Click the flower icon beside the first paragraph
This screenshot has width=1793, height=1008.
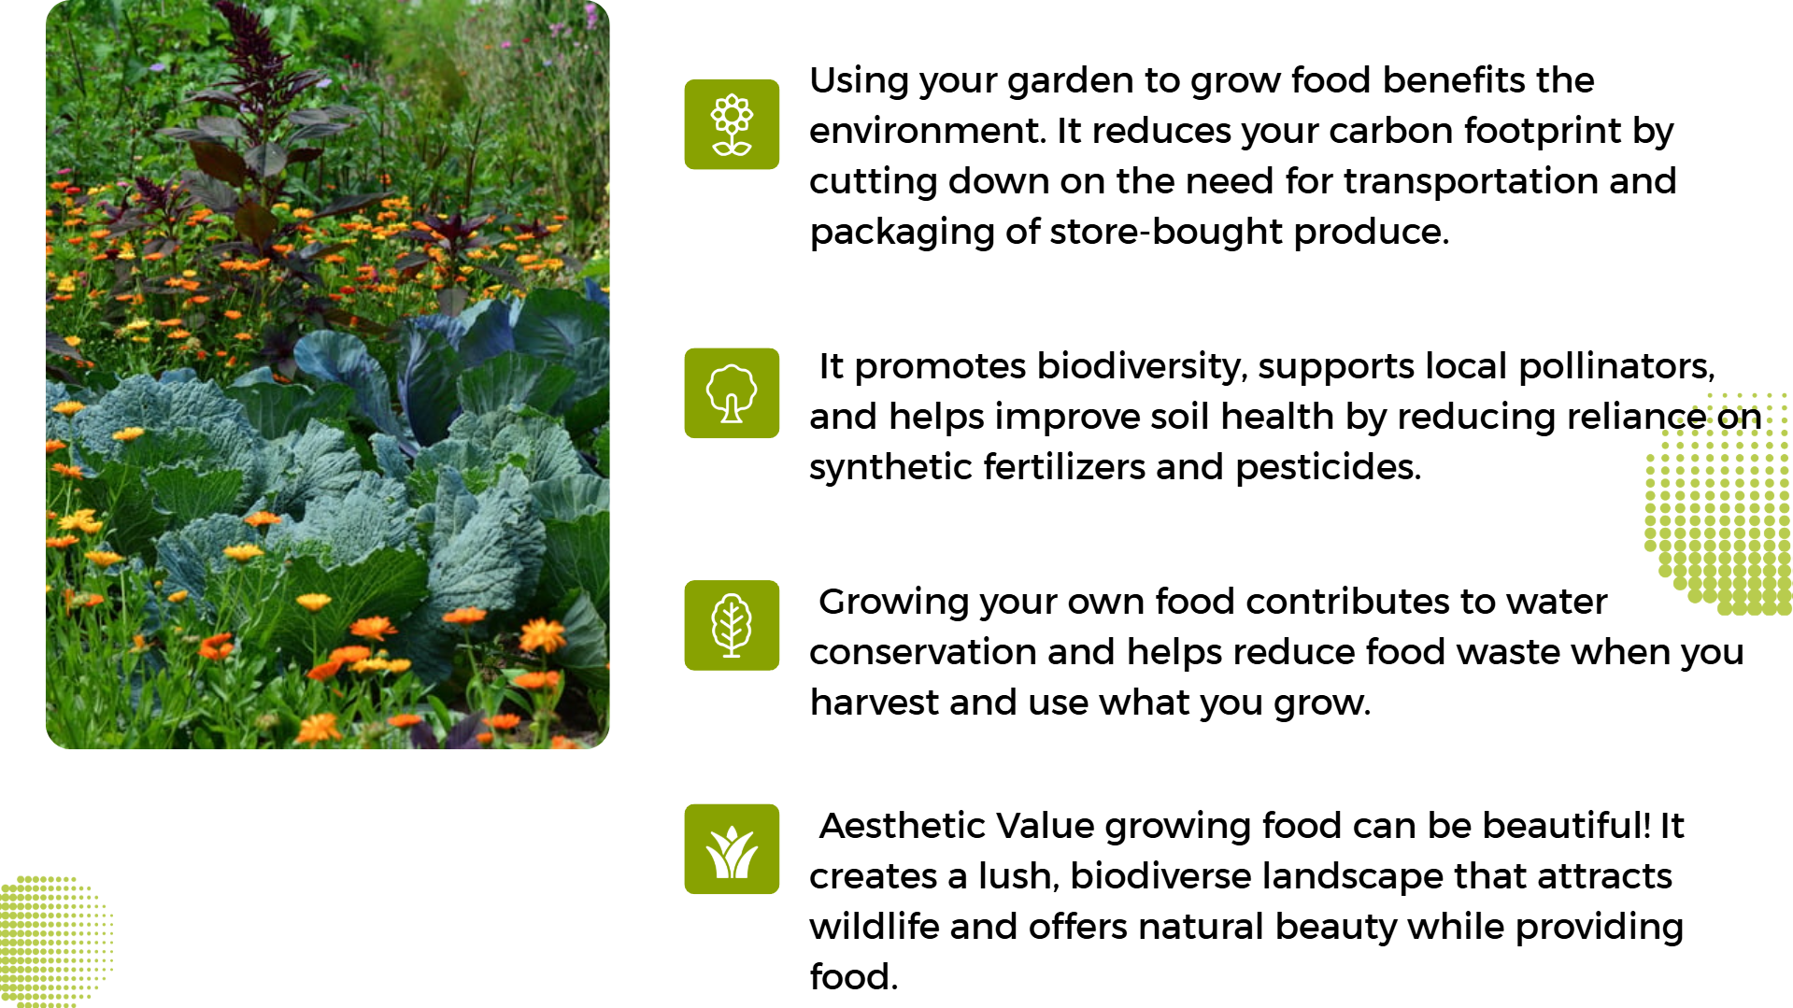732,124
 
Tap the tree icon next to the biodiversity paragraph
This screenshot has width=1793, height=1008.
732,393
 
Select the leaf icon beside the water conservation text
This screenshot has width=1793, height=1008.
732,625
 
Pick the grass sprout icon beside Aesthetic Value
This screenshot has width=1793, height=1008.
732,849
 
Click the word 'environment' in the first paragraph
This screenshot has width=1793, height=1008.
925,132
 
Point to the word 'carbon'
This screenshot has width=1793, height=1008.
1390,132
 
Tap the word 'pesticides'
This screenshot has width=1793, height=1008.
1328,467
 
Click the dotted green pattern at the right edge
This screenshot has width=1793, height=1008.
1719,504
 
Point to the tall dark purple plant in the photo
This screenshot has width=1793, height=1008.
248,140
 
